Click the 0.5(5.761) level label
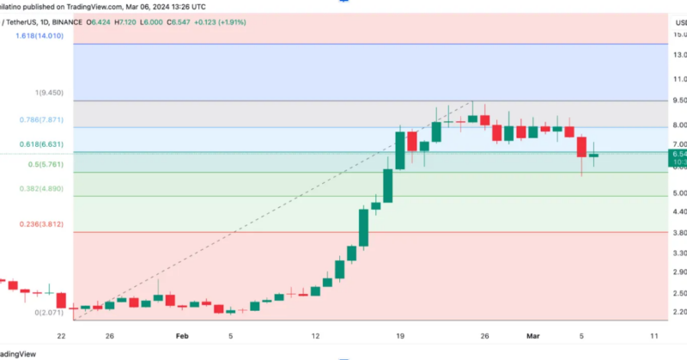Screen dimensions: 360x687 coord(47,164)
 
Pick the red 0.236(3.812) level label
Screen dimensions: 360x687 coord(42,223)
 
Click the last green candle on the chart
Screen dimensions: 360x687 coord(594,156)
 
